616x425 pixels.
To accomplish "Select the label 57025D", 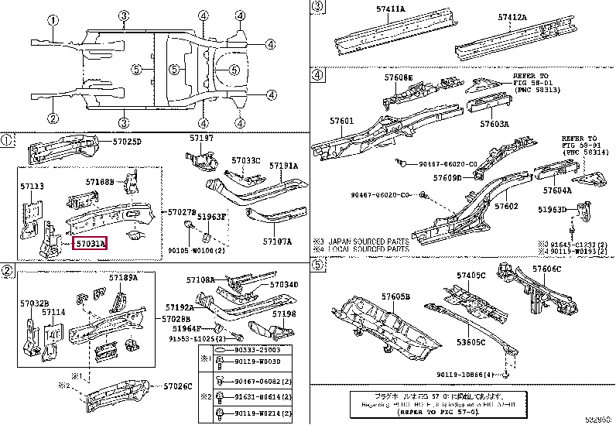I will click(125, 142).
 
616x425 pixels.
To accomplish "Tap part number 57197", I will click(201, 138).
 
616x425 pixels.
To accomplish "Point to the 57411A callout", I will click(391, 7).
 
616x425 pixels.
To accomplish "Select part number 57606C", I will click(546, 269).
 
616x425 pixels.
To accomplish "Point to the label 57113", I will click(33, 187).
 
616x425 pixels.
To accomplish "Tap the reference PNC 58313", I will click(534, 90).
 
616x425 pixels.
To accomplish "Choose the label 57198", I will click(284, 314).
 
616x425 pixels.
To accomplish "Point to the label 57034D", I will click(283, 284).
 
